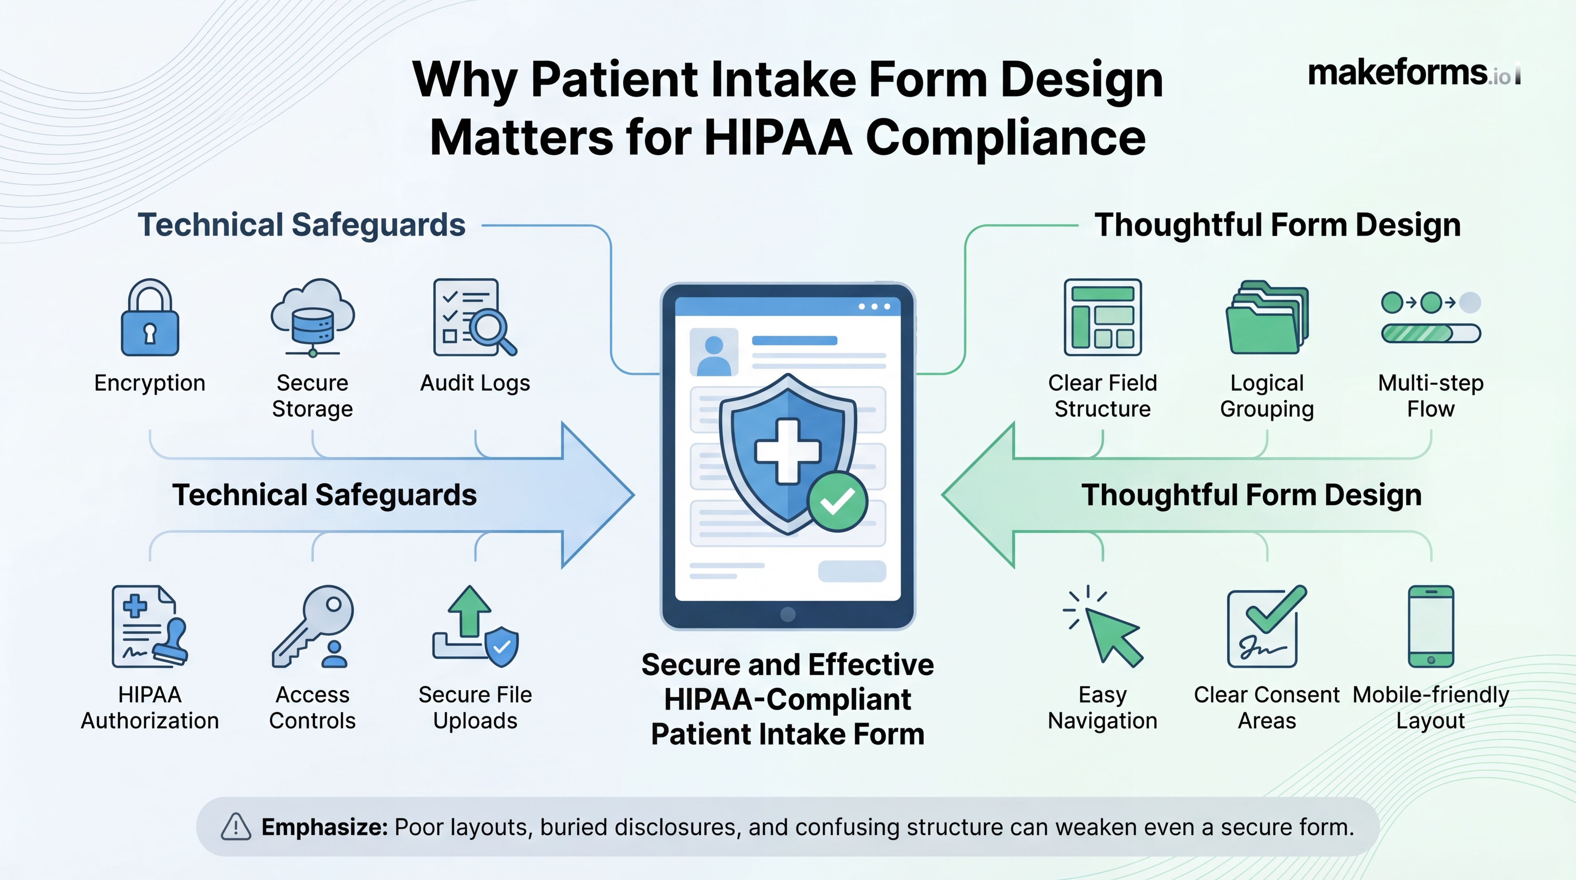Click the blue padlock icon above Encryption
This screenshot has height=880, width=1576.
pyautogui.click(x=150, y=318)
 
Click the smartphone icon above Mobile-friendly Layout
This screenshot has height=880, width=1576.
pyautogui.click(x=1430, y=626)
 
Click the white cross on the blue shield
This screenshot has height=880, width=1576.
pyautogui.click(x=787, y=451)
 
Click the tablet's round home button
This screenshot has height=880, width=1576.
pyautogui.click(x=788, y=614)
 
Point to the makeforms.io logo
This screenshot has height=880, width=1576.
pyautogui.click(x=1413, y=73)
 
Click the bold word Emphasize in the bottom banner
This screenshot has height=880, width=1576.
pyautogui.click(x=324, y=827)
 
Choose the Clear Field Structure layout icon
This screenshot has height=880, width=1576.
pyautogui.click(x=1102, y=317)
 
